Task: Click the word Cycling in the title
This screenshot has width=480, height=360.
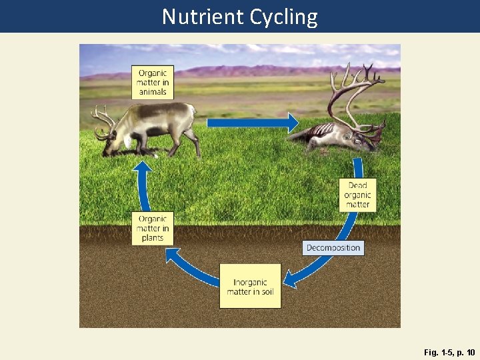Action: coord(284,17)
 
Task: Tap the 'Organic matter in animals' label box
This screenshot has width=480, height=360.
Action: coord(152,82)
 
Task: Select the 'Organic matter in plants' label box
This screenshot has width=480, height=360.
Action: coord(152,228)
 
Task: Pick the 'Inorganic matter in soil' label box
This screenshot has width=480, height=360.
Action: coord(250,286)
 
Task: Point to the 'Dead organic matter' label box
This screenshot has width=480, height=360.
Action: coord(357,195)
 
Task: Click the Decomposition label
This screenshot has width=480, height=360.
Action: coord(333,248)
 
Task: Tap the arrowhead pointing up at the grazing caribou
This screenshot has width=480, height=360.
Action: coord(142,166)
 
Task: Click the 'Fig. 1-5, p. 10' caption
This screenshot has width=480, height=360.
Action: coord(449,351)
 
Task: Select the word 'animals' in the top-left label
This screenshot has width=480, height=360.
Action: coord(152,91)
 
